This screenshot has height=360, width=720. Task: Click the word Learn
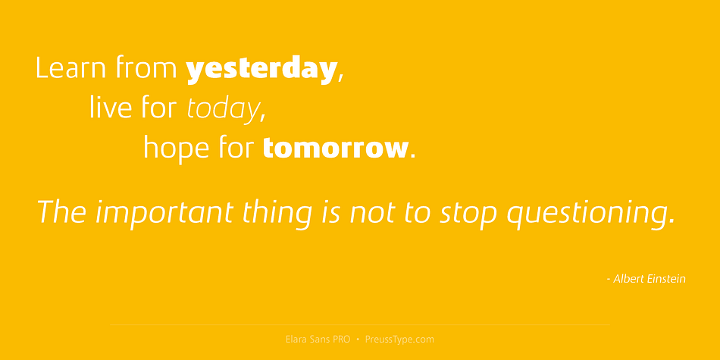(70, 67)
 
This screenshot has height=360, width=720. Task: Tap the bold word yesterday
(261, 70)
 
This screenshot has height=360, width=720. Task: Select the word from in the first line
(146, 67)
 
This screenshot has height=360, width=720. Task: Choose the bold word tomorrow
(335, 148)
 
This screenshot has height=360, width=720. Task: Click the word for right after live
(159, 107)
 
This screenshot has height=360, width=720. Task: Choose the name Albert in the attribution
(628, 279)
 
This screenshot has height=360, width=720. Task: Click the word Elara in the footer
(296, 340)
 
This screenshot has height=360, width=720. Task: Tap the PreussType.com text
(399, 340)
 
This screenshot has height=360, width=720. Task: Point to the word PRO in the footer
(342, 340)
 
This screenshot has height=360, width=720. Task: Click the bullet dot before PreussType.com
(358, 340)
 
